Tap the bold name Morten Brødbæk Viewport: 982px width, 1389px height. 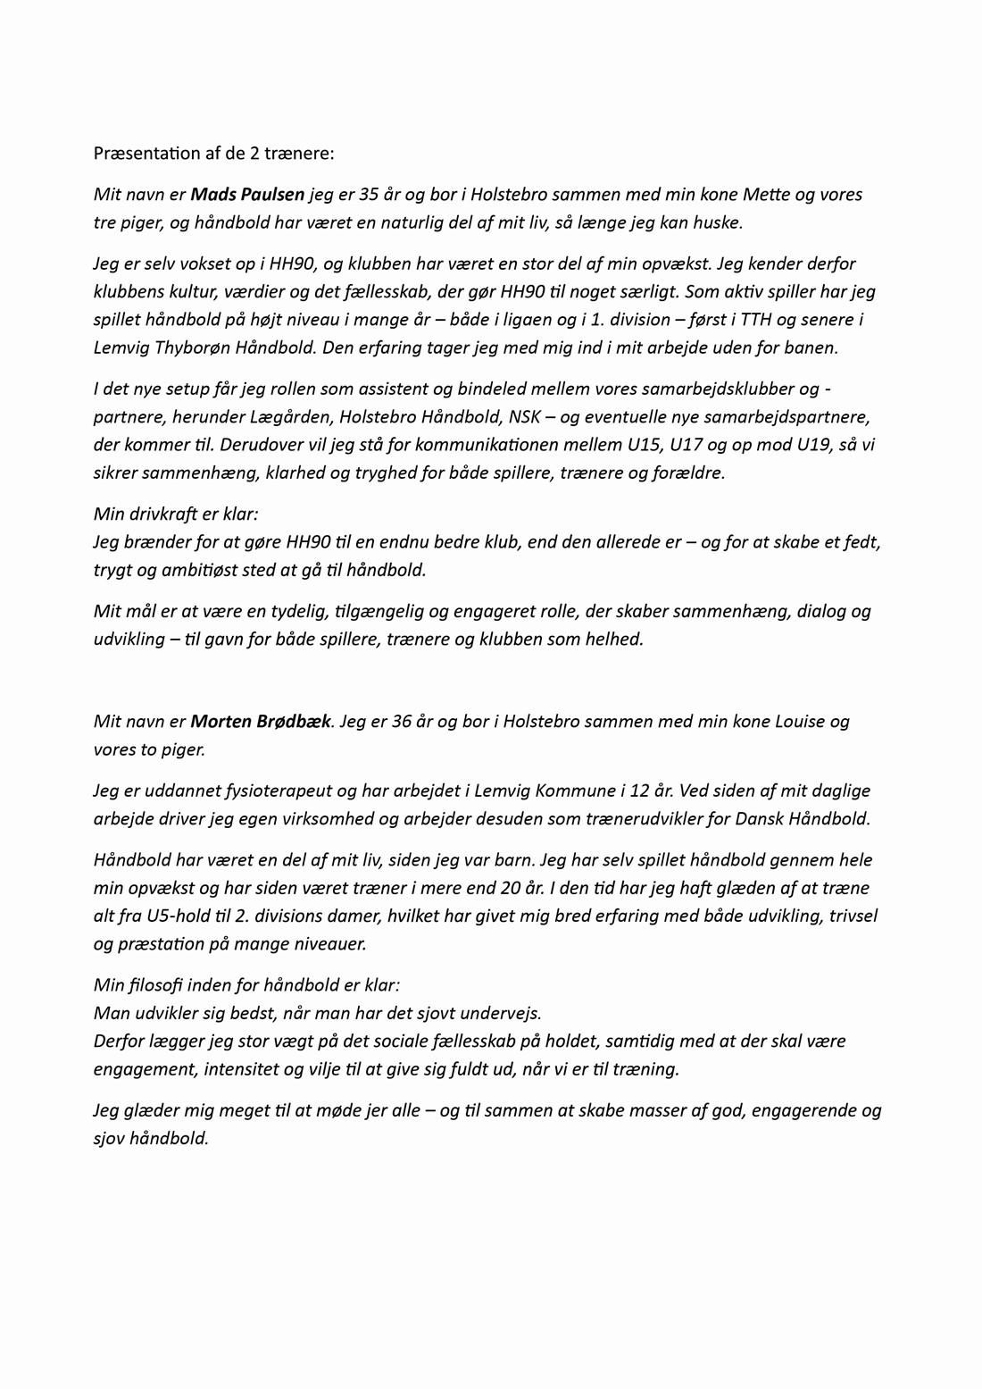[x=261, y=721]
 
